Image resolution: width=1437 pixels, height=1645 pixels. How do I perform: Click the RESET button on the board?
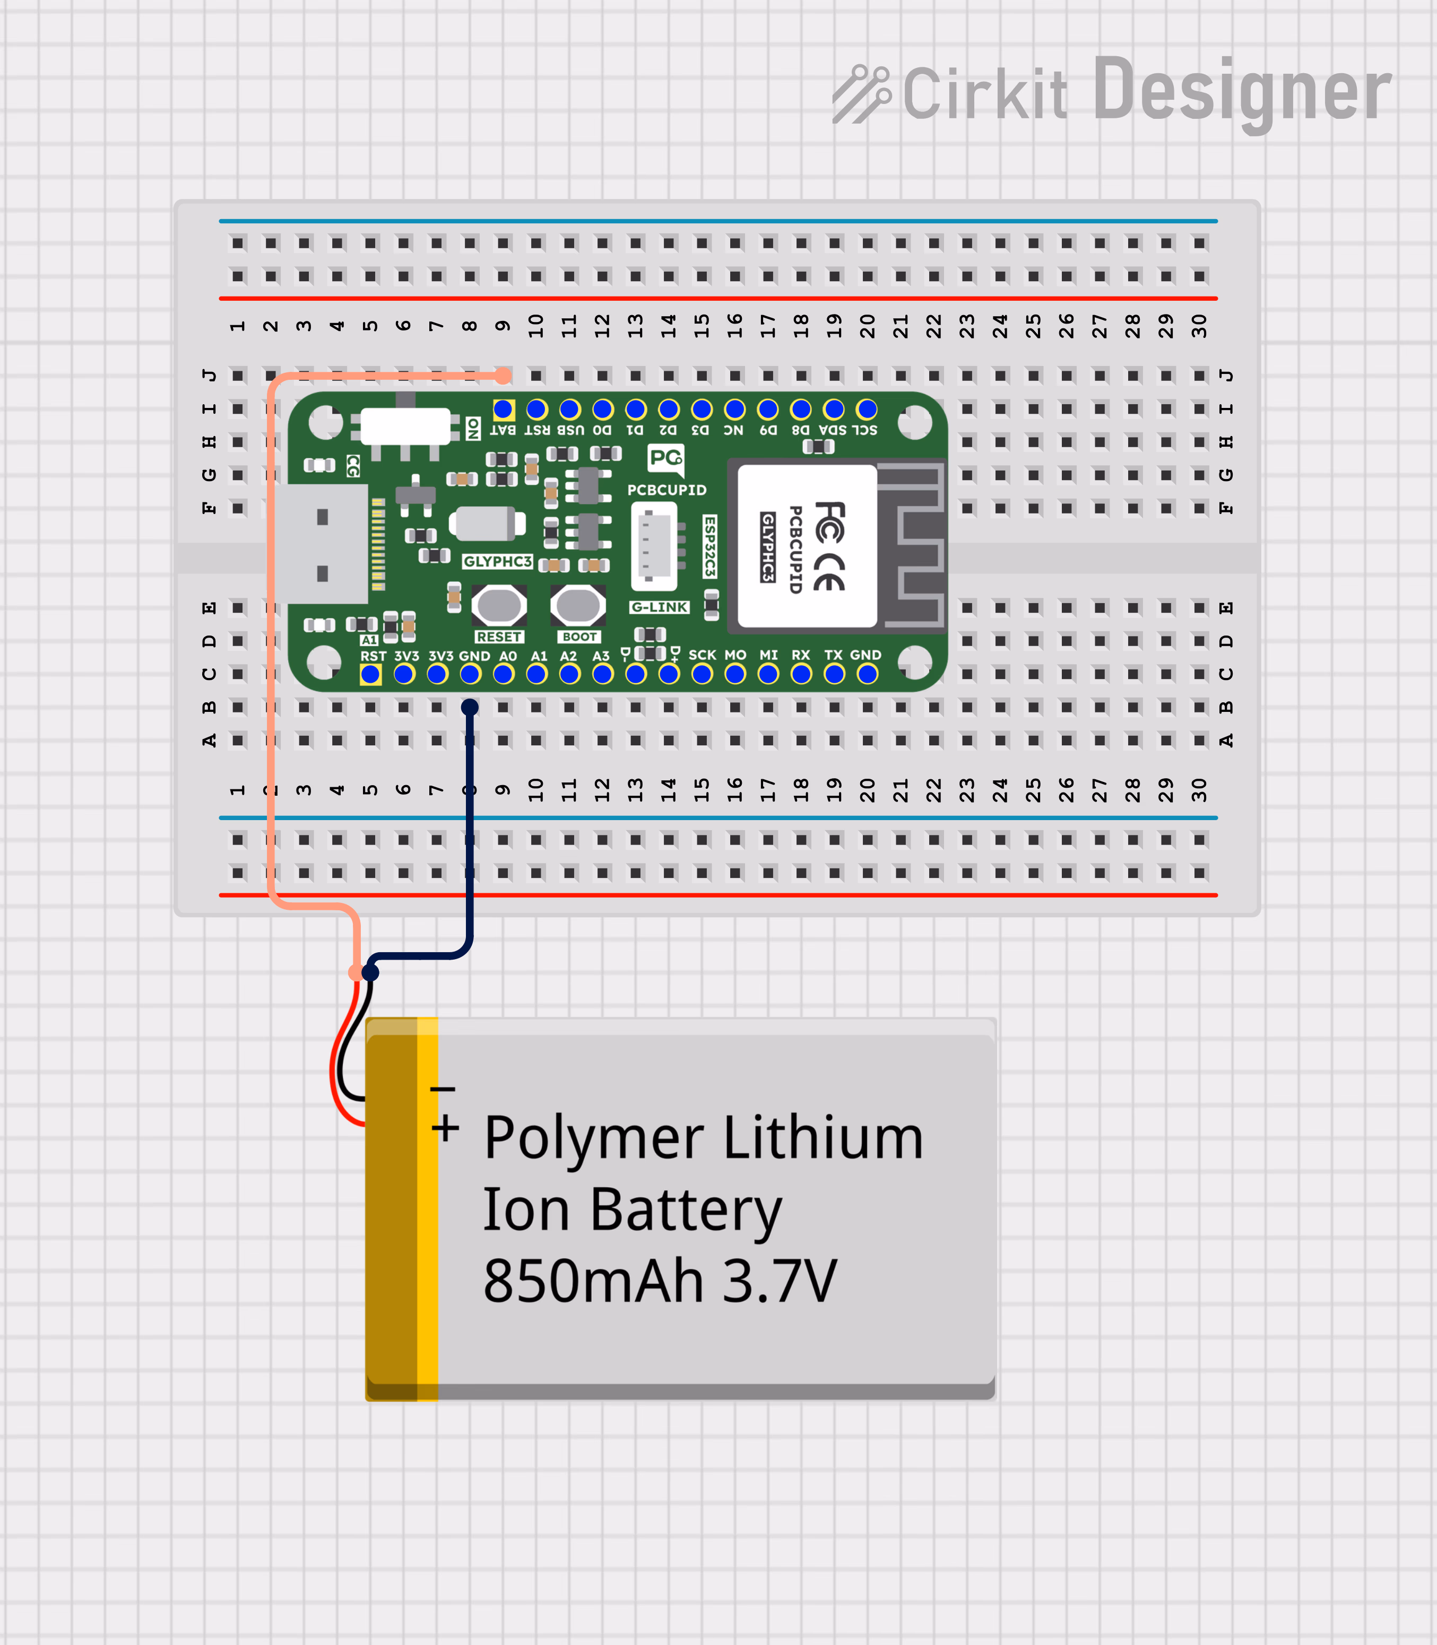(x=499, y=605)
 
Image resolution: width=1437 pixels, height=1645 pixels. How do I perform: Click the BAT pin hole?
(x=504, y=410)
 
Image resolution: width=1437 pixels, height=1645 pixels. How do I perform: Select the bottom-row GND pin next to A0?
(x=471, y=675)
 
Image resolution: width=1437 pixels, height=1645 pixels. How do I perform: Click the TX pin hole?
(x=834, y=675)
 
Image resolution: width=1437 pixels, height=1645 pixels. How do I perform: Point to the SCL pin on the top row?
(x=867, y=410)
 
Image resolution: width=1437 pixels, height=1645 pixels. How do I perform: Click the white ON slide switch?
(x=405, y=425)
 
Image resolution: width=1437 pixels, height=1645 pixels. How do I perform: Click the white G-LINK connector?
(x=654, y=545)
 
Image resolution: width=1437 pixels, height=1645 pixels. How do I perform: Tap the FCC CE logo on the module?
(x=829, y=545)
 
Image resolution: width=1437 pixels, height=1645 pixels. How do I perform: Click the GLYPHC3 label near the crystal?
(x=497, y=561)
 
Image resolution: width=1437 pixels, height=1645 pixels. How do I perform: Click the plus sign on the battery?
(x=445, y=1129)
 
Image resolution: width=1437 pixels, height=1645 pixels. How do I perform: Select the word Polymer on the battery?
(x=593, y=1138)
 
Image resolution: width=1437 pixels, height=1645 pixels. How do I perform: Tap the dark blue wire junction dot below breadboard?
(x=370, y=972)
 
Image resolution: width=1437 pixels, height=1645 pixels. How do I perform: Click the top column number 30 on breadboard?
(x=1199, y=326)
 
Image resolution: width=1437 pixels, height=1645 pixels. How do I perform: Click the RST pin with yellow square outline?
(x=370, y=675)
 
